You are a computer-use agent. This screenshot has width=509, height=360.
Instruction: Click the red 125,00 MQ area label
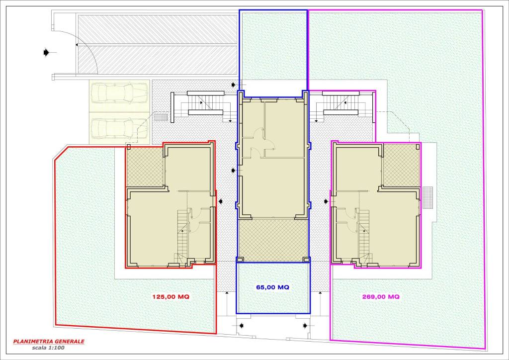click(x=171, y=297)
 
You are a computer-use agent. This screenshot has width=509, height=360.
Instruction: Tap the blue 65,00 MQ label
click(x=273, y=287)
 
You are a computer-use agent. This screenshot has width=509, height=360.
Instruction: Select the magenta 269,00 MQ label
click(x=381, y=297)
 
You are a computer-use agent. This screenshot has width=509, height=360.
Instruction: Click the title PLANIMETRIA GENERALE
click(x=49, y=342)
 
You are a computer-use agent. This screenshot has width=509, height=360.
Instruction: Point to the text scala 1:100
click(x=48, y=348)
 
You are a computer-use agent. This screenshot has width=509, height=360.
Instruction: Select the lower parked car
click(x=119, y=128)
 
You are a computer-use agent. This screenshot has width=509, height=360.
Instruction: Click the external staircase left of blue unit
click(x=205, y=103)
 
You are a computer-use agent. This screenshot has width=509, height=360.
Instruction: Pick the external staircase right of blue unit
click(x=341, y=103)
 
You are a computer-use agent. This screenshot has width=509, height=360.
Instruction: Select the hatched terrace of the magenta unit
click(x=402, y=166)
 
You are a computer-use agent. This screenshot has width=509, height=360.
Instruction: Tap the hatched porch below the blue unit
click(x=273, y=240)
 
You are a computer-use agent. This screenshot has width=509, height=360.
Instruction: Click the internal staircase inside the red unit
click(x=182, y=235)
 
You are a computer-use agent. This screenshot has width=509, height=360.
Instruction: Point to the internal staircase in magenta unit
click(x=364, y=235)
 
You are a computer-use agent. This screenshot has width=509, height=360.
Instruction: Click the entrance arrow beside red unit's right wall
click(x=221, y=201)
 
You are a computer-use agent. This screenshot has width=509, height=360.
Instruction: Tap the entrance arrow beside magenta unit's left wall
click(x=326, y=201)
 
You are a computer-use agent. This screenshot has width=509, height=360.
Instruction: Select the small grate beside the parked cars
click(x=161, y=117)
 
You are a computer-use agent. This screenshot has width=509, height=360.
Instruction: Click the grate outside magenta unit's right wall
click(x=428, y=198)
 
